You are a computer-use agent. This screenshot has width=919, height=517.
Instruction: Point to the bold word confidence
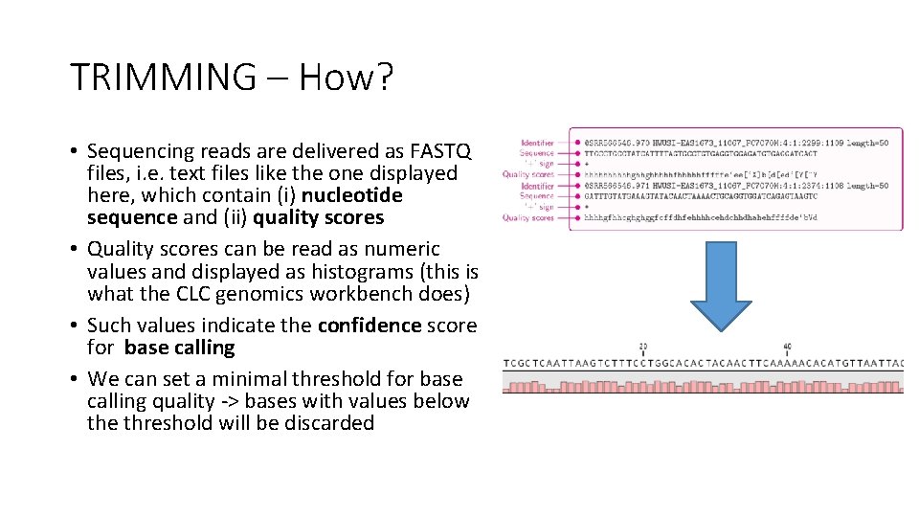pos(369,326)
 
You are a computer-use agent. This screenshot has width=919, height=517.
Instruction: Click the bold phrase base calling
pos(179,348)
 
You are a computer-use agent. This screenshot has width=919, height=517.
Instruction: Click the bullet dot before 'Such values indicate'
pos(75,326)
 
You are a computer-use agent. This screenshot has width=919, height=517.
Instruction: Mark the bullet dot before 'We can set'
pos(75,379)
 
